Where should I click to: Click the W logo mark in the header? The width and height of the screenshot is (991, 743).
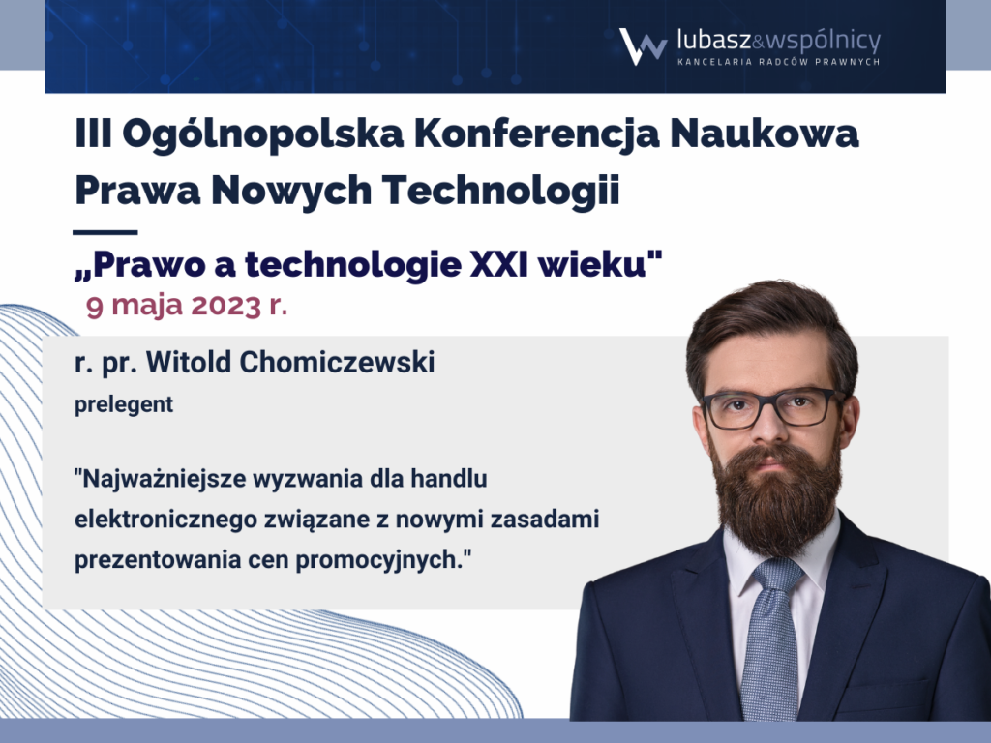tap(643, 46)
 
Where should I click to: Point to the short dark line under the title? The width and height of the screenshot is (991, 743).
tap(105, 232)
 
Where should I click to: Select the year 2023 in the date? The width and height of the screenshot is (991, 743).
tap(226, 305)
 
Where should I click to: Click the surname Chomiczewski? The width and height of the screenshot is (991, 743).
tap(337, 363)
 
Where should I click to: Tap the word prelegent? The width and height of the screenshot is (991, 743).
tap(124, 405)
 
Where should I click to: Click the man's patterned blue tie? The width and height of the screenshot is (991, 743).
tap(771, 639)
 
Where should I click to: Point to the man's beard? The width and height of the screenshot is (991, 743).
tap(776, 496)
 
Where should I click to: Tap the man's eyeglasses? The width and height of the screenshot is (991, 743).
tap(771, 407)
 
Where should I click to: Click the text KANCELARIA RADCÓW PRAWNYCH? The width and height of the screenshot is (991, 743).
tap(779, 62)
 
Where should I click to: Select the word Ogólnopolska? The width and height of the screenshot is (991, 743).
tap(262, 134)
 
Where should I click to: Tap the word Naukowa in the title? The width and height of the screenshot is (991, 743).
tap(765, 134)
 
